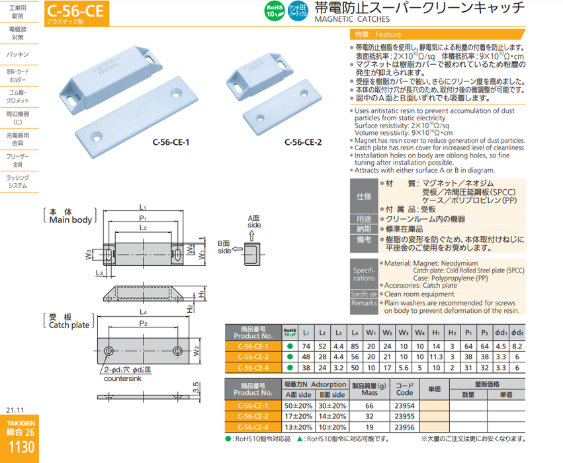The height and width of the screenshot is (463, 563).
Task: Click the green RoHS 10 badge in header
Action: point(274,11)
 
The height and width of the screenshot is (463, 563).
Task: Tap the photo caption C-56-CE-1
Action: point(171,141)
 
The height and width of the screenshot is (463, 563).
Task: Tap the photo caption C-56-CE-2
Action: point(303,141)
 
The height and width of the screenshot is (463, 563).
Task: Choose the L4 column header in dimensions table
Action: point(355,332)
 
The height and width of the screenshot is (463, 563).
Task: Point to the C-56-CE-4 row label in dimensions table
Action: point(251,367)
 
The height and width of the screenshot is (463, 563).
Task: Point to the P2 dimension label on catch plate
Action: point(144,323)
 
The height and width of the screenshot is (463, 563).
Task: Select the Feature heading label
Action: point(387,34)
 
